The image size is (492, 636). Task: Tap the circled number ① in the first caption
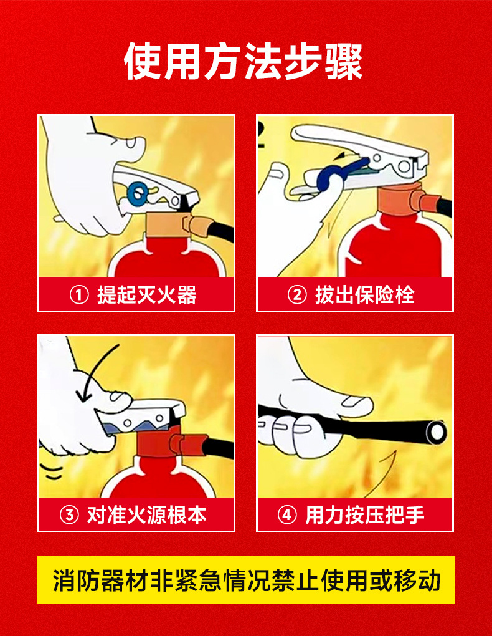tap(79, 294)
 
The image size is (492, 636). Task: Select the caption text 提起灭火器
tap(147, 294)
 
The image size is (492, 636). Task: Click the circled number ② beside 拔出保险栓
tap(297, 294)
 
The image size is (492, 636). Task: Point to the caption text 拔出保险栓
tap(365, 294)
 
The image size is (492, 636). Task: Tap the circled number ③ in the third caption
tap(69, 515)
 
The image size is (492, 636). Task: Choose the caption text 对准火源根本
tap(147, 515)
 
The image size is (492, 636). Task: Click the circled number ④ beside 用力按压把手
tap(287, 515)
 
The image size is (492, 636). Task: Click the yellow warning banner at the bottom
tap(246, 580)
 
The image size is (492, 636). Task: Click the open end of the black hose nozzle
tap(435, 431)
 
